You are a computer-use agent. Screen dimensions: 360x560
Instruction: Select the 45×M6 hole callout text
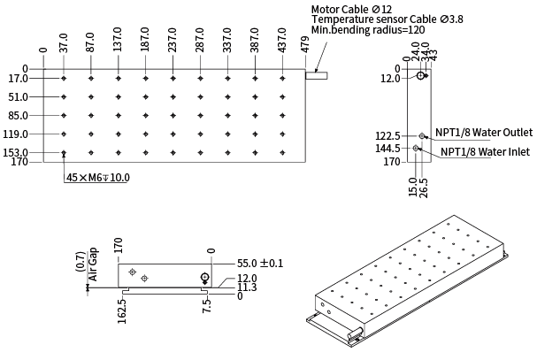[x=98, y=178]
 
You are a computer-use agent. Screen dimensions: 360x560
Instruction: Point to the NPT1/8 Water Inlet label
[x=485, y=152]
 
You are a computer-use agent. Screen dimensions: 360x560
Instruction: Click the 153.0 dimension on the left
[x=15, y=153]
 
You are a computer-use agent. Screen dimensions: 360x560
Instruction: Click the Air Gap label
[x=91, y=264]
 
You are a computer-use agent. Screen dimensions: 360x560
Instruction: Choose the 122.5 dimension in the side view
[x=387, y=136]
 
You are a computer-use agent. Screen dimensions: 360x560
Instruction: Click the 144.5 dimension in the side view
[x=387, y=149]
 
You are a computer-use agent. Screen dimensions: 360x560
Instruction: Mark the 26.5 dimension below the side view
[x=425, y=188]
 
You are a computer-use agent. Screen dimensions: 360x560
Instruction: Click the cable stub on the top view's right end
[x=317, y=76]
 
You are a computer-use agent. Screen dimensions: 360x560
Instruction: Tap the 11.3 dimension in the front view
[x=247, y=287]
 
